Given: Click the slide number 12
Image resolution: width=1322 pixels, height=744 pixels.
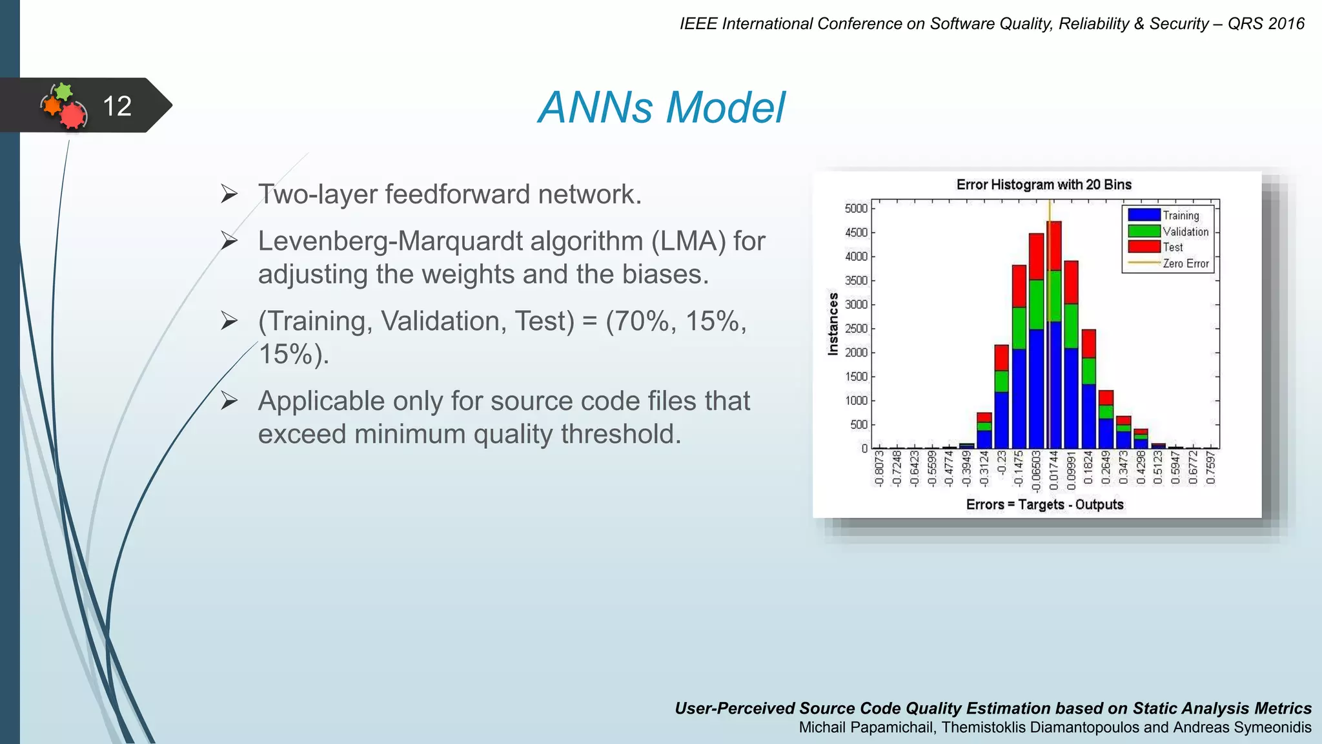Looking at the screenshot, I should pyautogui.click(x=117, y=106).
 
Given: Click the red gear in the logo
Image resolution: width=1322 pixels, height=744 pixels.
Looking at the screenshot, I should pyautogui.click(x=73, y=116).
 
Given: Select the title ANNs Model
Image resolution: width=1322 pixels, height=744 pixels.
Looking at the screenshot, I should pyautogui.click(x=661, y=107).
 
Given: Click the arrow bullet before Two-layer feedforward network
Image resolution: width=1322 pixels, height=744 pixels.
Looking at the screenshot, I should pyautogui.click(x=229, y=194).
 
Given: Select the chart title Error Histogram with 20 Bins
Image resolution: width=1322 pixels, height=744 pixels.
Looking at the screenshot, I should pyautogui.click(x=1043, y=185).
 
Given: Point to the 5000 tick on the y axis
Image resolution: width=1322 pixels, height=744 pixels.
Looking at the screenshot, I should pyautogui.click(x=856, y=209).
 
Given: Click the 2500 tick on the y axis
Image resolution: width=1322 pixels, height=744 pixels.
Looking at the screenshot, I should pyautogui.click(x=856, y=329).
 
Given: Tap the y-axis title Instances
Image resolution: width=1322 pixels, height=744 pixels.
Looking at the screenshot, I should pyautogui.click(x=833, y=324).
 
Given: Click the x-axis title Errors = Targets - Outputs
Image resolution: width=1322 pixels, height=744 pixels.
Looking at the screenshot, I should pyautogui.click(x=1044, y=504).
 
